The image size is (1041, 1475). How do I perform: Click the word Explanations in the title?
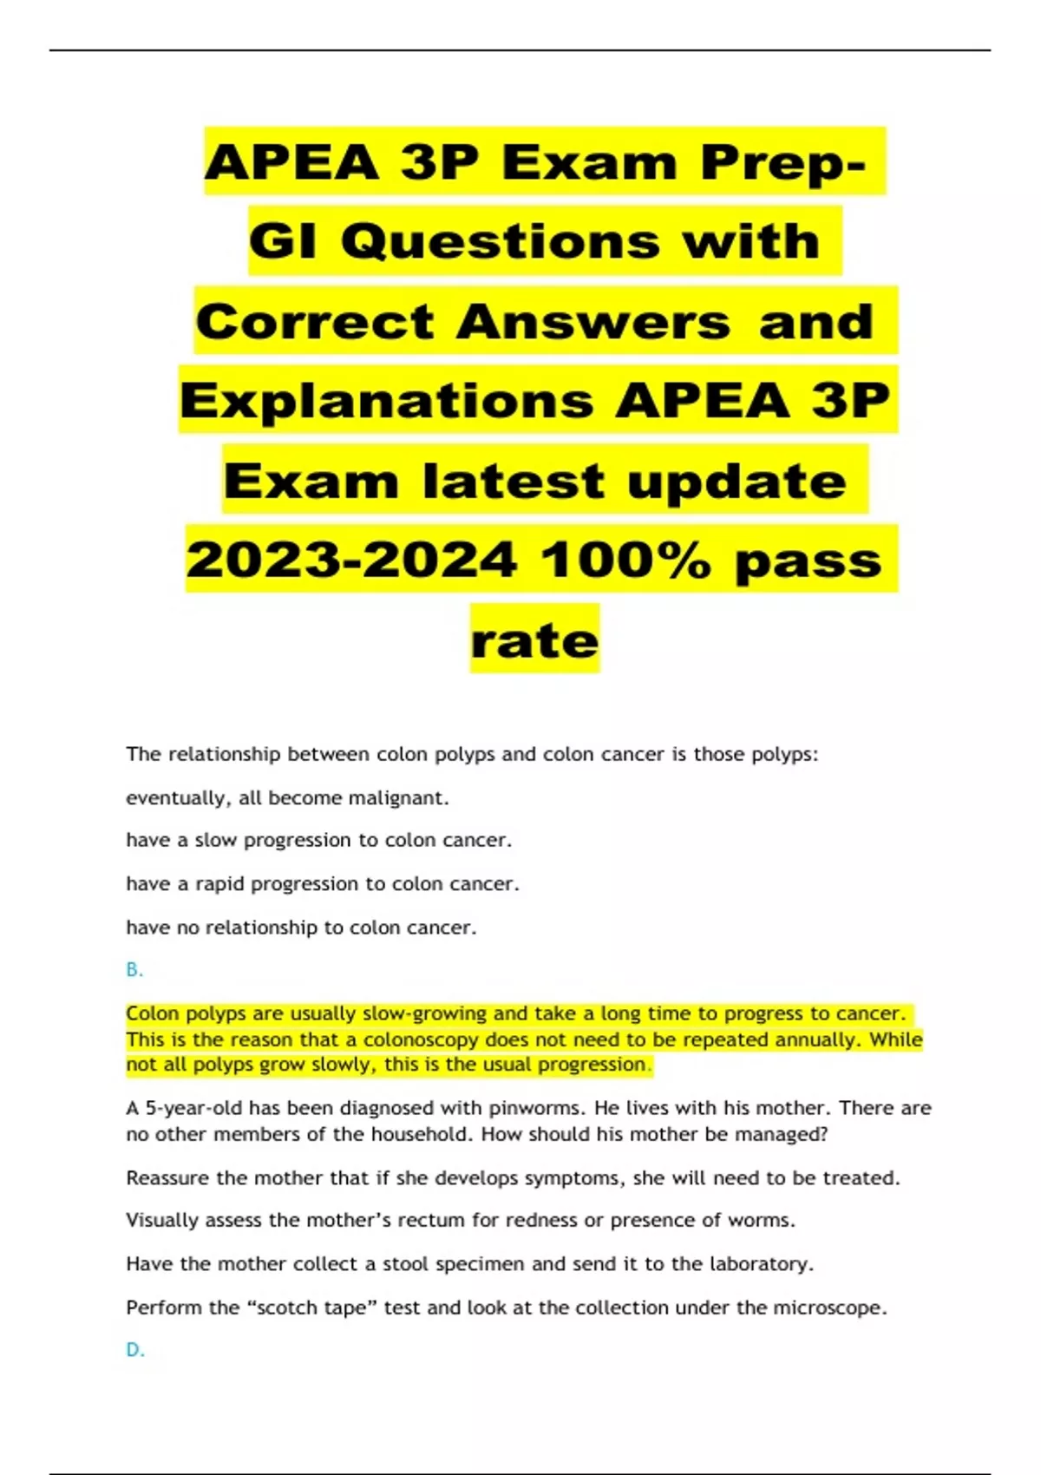387,401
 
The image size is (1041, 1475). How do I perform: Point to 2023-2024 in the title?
351,560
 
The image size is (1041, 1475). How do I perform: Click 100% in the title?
626,560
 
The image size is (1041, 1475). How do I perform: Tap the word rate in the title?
534,640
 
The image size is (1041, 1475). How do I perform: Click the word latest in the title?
513,481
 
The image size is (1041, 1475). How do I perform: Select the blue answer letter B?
134,970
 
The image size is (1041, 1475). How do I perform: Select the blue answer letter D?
134,1350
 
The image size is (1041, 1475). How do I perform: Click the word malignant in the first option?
396,798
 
